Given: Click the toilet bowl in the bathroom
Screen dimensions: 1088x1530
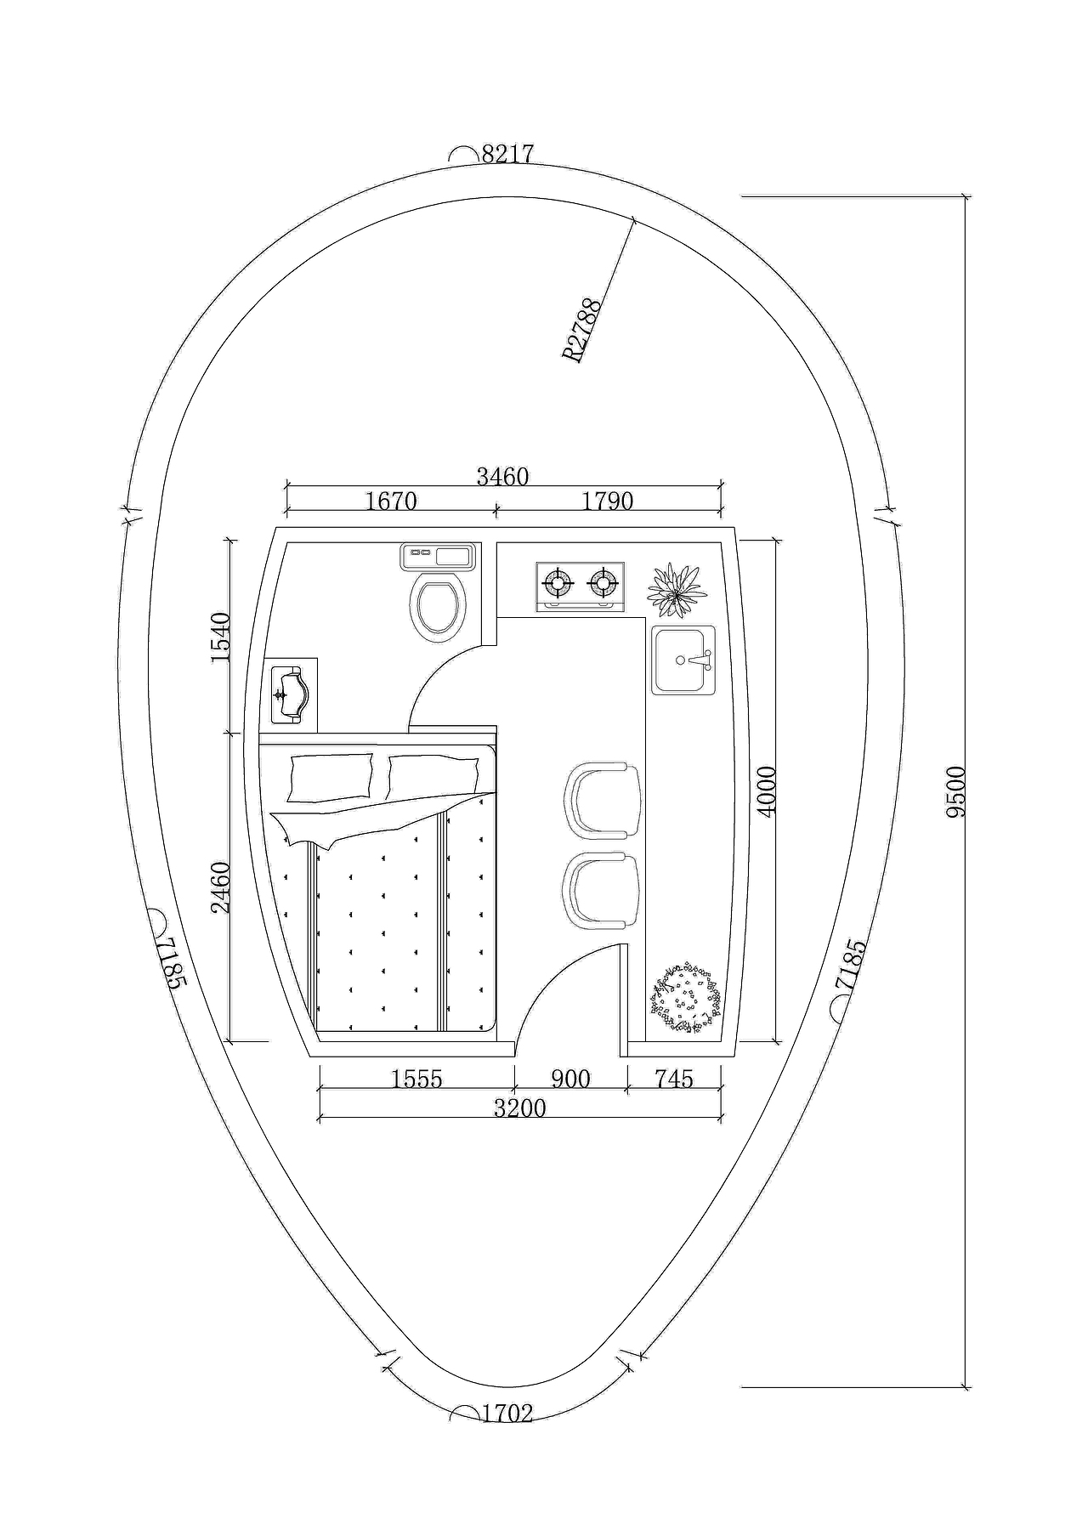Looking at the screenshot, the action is (x=438, y=606).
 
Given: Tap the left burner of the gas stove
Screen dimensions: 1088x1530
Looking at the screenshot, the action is (x=558, y=583).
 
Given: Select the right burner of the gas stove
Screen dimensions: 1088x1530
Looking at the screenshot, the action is (x=603, y=583).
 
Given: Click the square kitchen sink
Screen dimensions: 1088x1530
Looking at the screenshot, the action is (x=683, y=660).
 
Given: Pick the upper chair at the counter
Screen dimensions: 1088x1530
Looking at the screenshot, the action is (x=602, y=799).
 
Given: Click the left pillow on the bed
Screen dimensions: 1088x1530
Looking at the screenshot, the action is (x=330, y=777).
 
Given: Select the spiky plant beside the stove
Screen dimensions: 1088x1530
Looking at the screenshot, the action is (x=677, y=590).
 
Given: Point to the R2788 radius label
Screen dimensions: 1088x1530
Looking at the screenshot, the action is (x=583, y=330).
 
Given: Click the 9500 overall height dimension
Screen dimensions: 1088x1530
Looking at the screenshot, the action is (x=956, y=791).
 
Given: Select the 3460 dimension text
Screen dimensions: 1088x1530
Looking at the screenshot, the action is (x=502, y=477).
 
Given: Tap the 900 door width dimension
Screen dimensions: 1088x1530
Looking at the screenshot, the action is (x=570, y=1079).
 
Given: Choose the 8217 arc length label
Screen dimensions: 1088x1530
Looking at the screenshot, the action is (x=507, y=154).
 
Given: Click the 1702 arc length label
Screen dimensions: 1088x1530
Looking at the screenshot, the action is (x=507, y=1414).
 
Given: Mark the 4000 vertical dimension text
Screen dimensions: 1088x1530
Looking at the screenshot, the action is (x=767, y=791).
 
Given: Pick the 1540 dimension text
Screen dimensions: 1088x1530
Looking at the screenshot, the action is (x=220, y=637).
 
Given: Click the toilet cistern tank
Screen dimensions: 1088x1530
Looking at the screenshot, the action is (x=438, y=557).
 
